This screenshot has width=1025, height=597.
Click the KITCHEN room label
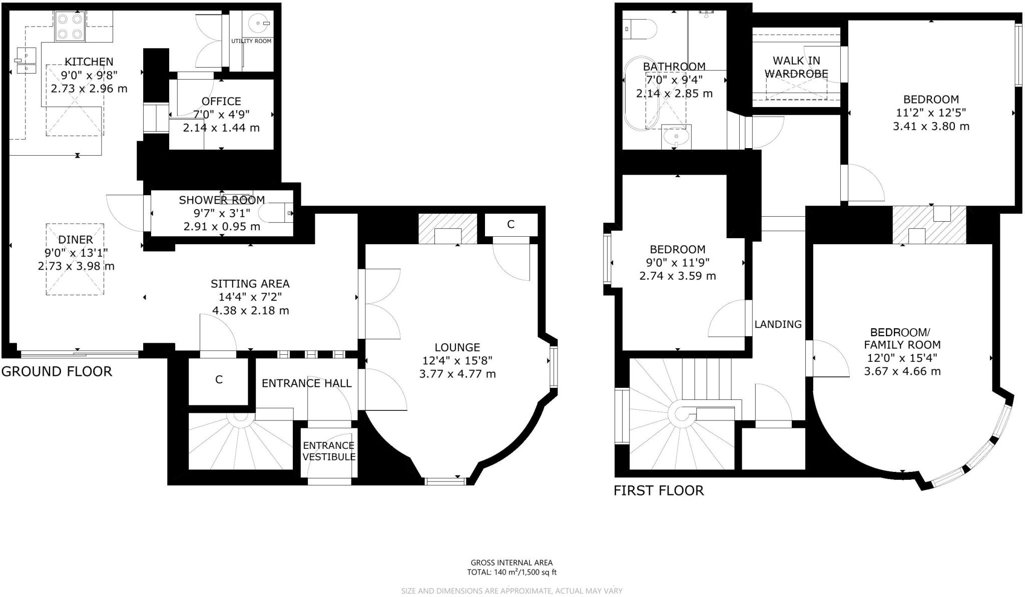89,62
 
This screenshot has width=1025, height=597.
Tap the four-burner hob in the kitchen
70,27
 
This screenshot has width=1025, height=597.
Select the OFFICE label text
221,101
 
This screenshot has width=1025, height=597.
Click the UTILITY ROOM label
251,41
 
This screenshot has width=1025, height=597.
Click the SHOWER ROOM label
222,200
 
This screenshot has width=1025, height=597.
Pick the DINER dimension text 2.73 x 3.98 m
76,266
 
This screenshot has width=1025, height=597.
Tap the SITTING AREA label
250,284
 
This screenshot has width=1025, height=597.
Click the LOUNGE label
457,347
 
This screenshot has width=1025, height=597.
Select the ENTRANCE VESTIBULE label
329,451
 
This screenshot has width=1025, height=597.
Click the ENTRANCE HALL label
307,383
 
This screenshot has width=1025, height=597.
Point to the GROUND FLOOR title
57,371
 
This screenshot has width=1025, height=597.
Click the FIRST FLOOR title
659,490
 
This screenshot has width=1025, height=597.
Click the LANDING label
778,324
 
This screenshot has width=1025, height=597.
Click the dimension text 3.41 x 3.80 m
931,126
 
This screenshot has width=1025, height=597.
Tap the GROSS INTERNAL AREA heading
512,562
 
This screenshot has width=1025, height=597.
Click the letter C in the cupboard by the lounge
510,224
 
